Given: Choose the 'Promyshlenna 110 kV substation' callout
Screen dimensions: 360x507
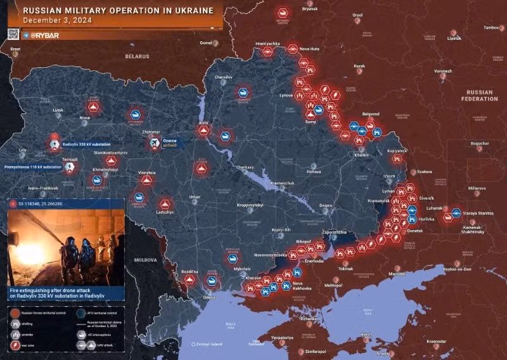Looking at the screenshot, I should (33, 167).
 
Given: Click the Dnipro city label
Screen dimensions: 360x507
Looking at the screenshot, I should (326, 205).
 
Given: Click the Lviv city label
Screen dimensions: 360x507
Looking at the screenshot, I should (23, 150).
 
